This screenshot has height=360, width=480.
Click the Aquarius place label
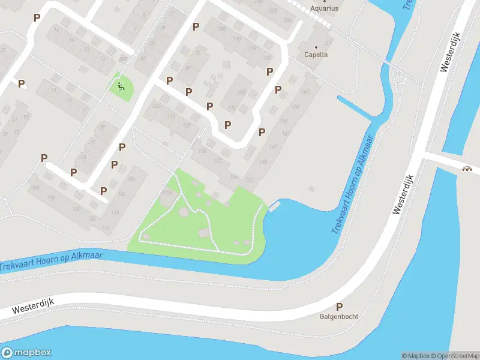point(324,8)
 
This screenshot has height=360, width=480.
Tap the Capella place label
point(317,54)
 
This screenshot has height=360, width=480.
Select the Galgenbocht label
point(339,317)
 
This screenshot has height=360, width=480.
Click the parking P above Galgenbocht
point(339,307)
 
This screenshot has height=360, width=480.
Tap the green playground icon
point(121,87)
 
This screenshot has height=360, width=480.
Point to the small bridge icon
point(467,169)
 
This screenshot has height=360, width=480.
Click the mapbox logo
point(26,353)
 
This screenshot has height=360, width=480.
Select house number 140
point(305,91)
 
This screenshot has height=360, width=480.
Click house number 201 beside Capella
point(328,43)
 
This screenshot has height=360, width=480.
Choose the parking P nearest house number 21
point(22,84)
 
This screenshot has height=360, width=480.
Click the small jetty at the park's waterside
point(275,208)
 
